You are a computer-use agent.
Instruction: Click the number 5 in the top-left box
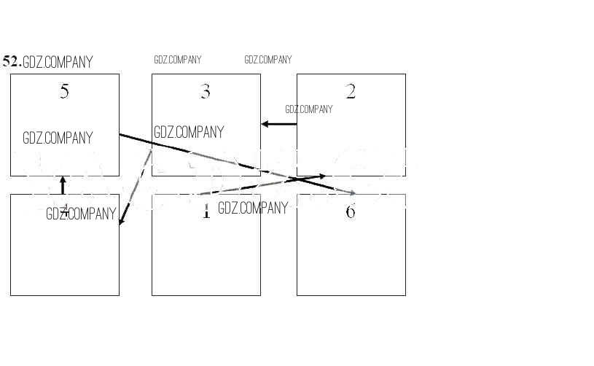(x=64, y=92)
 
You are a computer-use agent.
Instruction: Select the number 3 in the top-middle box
(x=205, y=92)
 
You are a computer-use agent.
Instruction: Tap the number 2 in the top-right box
(x=351, y=92)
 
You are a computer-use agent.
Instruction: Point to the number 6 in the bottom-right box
(x=351, y=212)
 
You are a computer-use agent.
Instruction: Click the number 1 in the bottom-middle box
(x=206, y=212)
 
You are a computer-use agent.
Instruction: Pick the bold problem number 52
(x=11, y=61)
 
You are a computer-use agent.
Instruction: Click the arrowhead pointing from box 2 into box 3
(x=265, y=124)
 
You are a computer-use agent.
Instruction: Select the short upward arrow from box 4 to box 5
(x=63, y=186)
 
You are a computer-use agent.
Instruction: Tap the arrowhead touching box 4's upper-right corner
(x=122, y=221)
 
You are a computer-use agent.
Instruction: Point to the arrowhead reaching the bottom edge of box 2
(x=321, y=176)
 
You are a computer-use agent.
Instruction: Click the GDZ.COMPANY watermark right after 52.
(x=58, y=63)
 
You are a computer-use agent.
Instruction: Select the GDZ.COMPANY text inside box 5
(x=58, y=138)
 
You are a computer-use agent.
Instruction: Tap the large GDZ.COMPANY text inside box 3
(x=189, y=133)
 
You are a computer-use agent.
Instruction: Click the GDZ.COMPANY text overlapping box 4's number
(x=81, y=214)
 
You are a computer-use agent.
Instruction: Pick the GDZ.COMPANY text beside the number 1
(x=253, y=209)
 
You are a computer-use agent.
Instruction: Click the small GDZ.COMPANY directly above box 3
(x=178, y=60)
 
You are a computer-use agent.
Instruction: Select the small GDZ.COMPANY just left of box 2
(x=308, y=109)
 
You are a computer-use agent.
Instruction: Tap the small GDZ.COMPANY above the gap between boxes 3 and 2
(x=267, y=60)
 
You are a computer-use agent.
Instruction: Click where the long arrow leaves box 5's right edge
(x=120, y=135)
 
